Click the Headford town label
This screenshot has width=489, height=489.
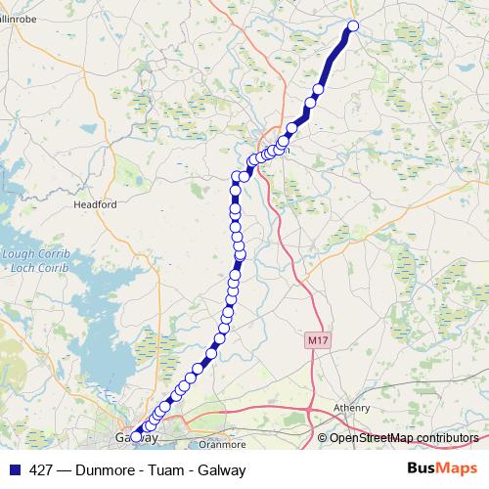(96, 205)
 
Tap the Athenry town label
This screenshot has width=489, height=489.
(351, 408)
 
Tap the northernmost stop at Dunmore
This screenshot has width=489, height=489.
(353, 26)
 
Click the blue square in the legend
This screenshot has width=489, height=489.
(14, 470)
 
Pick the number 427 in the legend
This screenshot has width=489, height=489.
(42, 470)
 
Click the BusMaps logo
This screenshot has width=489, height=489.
(443, 469)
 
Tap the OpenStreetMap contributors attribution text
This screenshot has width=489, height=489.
(403, 438)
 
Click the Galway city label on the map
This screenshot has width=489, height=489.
(136, 437)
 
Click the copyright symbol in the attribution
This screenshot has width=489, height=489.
(323, 438)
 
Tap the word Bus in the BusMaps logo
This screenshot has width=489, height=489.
(423, 469)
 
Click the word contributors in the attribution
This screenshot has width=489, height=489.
(447, 438)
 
